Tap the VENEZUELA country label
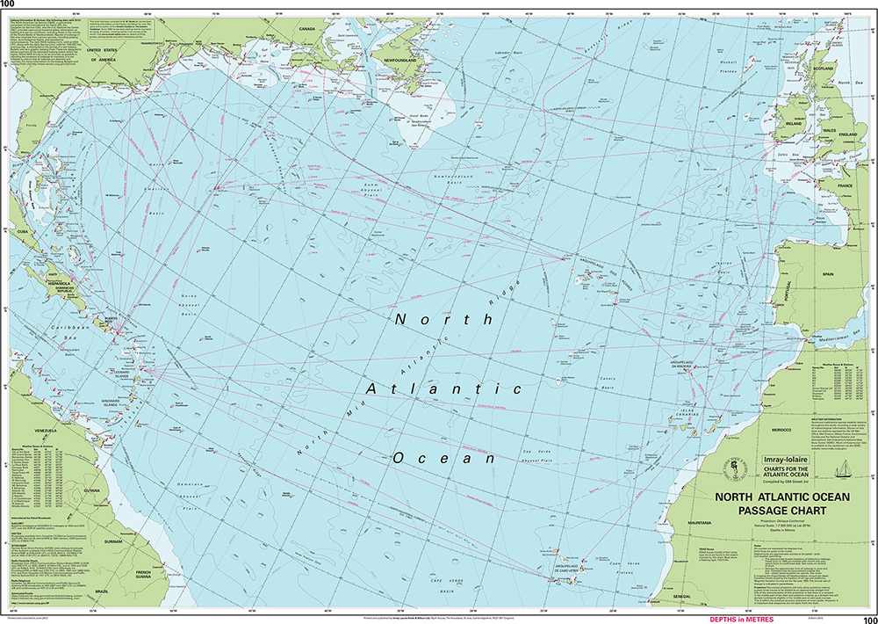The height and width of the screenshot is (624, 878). click(44, 431)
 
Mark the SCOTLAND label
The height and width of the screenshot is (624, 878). click(823, 68)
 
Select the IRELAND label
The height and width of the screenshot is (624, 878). click(795, 125)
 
